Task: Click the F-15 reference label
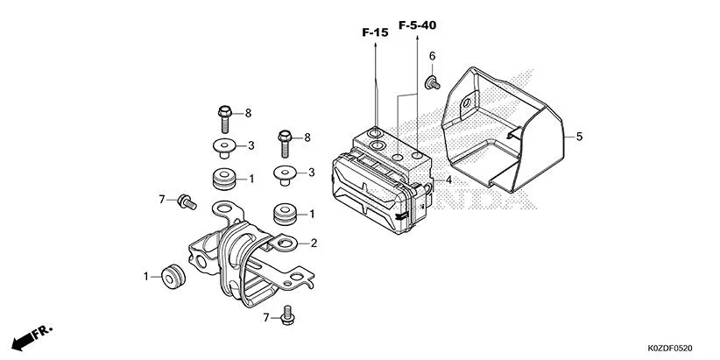(x=375, y=32)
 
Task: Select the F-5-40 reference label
(x=417, y=25)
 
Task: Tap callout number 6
(x=432, y=57)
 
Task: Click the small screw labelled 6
(x=431, y=82)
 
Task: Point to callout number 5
(x=579, y=136)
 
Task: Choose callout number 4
(x=448, y=180)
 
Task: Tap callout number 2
(x=313, y=243)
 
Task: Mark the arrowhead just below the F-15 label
(x=375, y=44)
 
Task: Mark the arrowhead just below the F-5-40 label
(x=417, y=37)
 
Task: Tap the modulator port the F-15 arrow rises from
(x=376, y=133)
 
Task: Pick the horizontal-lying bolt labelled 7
(x=186, y=201)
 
